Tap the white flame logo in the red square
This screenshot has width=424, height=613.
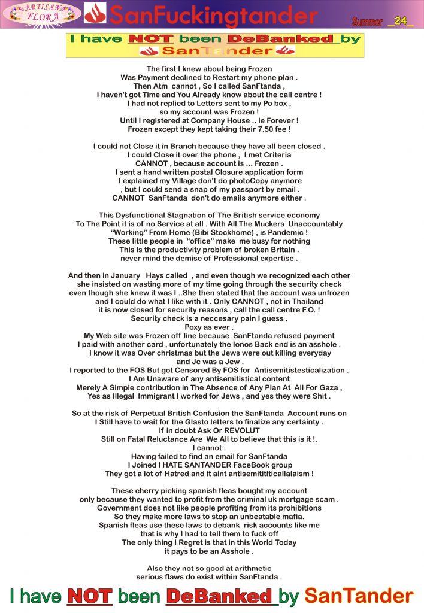95,13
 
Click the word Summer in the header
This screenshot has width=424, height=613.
368,22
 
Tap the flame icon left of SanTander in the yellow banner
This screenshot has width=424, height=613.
148,51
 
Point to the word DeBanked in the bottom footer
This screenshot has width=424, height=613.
219,596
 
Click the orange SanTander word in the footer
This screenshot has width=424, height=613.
359,596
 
